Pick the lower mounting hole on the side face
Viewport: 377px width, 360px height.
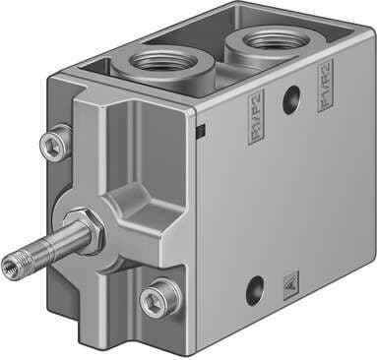point(255,288)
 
